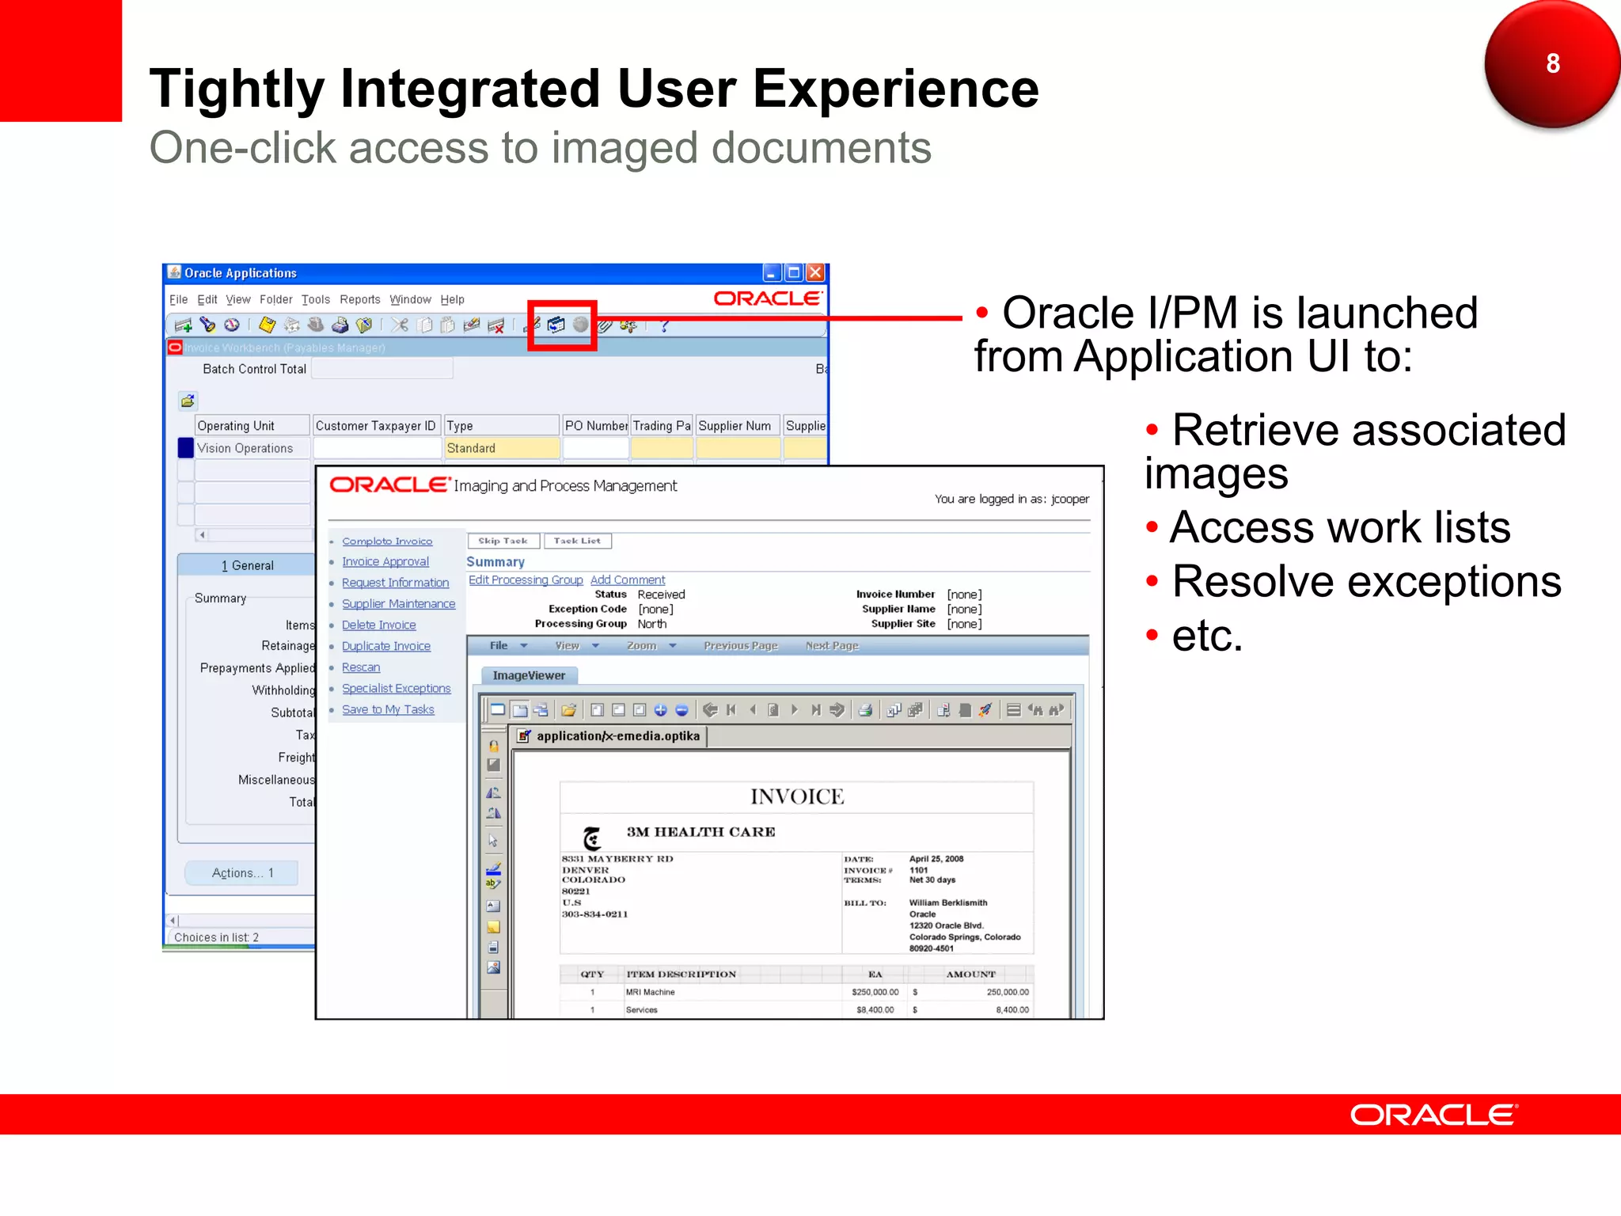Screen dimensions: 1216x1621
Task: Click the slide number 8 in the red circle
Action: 1552,63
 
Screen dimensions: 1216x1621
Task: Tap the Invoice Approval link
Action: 385,561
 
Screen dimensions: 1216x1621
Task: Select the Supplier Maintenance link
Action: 398,603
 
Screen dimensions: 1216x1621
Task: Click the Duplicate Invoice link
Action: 385,646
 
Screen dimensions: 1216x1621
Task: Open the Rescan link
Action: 360,667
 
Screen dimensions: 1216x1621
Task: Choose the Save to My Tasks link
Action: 388,709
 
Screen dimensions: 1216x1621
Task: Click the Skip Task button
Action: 503,541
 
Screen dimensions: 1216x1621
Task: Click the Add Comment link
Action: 627,579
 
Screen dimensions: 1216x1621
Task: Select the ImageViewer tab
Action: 529,675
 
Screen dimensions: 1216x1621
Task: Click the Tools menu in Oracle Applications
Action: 315,299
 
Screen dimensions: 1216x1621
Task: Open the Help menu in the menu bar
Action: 452,299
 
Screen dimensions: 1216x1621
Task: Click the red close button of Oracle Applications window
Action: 815,273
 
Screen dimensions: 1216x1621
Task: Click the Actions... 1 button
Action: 242,872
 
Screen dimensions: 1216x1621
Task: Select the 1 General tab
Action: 247,565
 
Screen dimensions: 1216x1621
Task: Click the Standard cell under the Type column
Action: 500,448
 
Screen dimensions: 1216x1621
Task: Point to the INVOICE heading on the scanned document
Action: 796,796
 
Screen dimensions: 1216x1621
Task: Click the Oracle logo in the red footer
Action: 1433,1115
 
